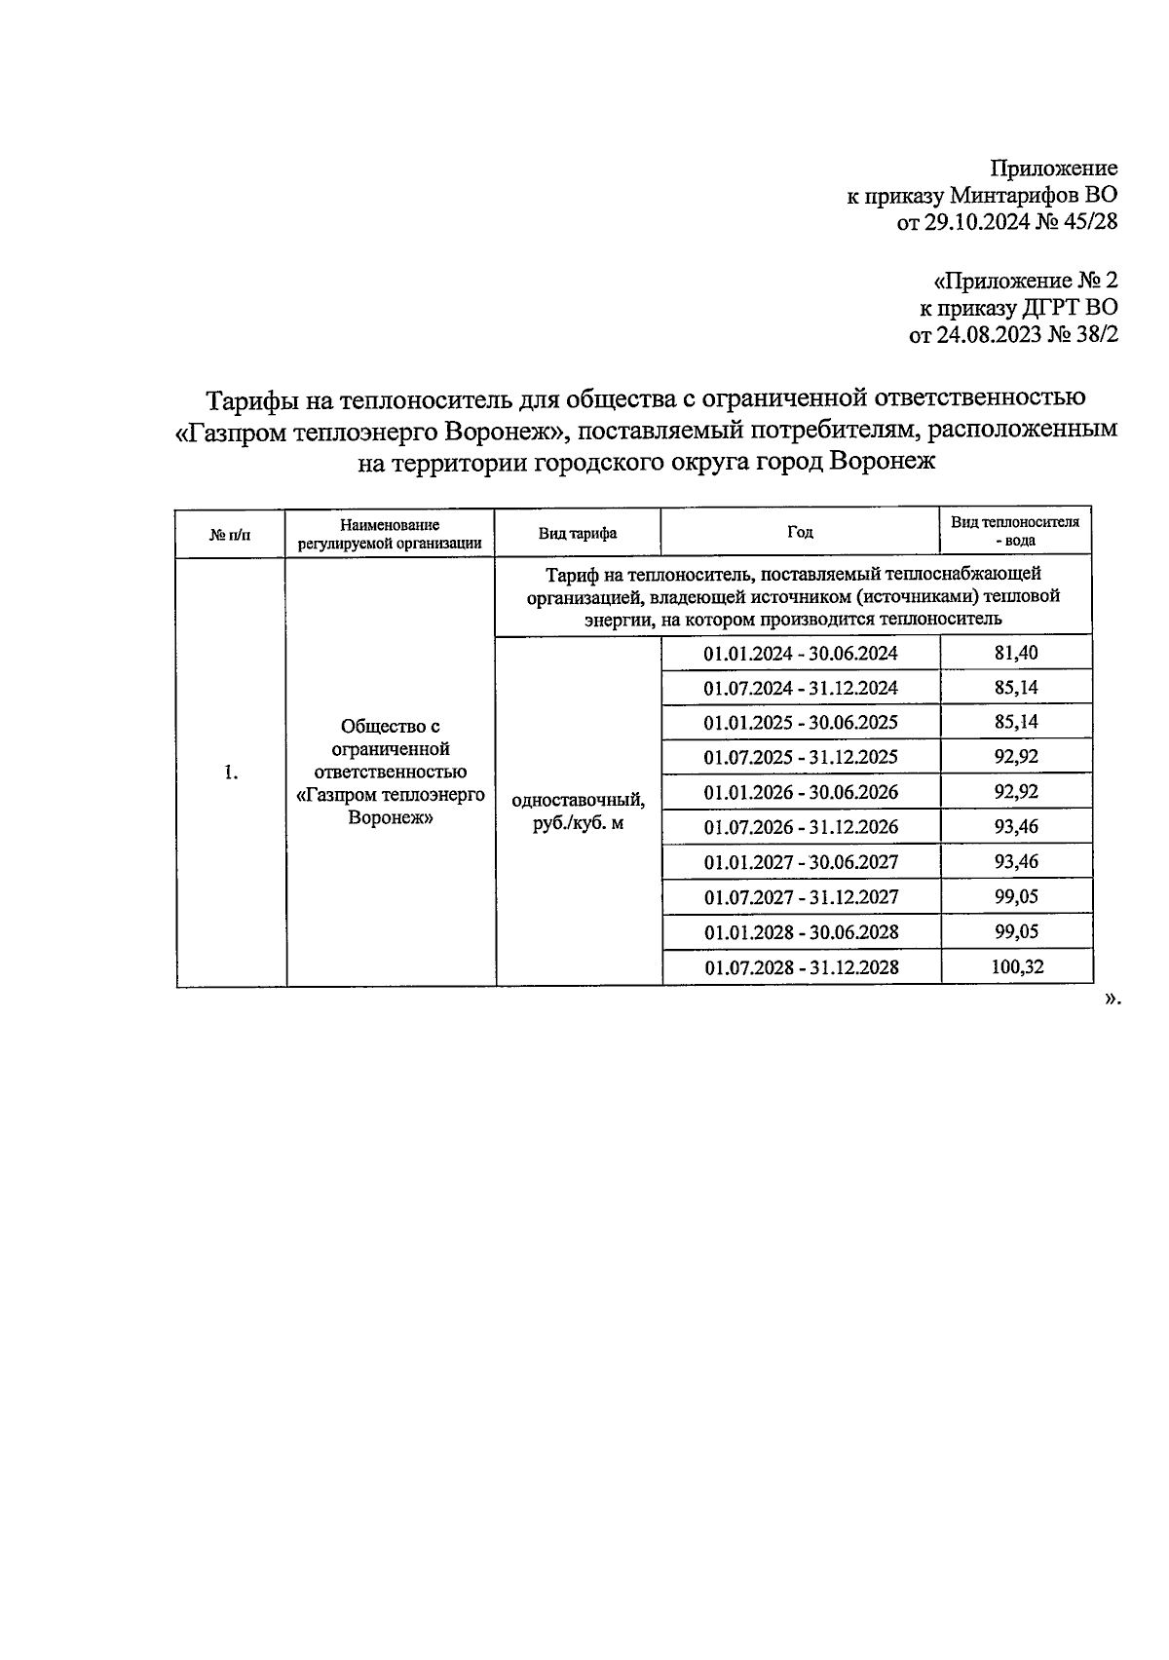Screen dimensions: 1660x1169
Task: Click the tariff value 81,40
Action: point(1016,653)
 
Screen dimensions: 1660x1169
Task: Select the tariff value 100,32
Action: point(1016,967)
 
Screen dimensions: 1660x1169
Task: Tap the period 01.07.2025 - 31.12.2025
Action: point(801,757)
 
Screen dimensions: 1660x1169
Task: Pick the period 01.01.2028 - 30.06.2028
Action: point(801,932)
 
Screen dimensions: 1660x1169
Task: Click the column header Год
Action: point(800,532)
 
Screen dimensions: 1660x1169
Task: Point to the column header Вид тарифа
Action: point(578,534)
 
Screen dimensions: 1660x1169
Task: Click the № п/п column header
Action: point(230,535)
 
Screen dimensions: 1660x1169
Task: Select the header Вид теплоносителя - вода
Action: point(1015,531)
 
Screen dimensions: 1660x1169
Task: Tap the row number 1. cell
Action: point(231,773)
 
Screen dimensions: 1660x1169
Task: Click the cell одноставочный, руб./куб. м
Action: point(579,811)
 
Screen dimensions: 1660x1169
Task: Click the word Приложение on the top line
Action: point(1054,169)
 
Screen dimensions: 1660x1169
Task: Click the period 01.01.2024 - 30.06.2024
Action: point(801,653)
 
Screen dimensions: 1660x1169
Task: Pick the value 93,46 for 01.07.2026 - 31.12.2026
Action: point(1016,827)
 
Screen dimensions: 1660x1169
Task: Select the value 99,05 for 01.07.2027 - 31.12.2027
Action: point(1016,897)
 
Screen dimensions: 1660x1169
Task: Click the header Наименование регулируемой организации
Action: point(390,534)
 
